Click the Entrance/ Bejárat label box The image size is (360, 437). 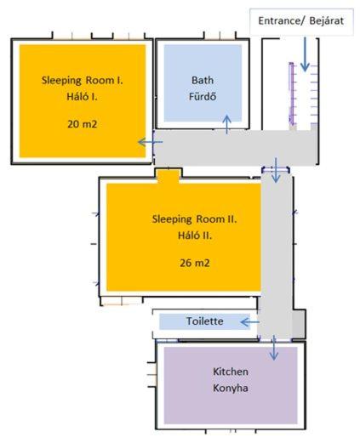[301, 21]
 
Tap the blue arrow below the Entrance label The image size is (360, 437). [305, 54]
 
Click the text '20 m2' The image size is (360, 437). [83, 124]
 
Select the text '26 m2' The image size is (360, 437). [195, 263]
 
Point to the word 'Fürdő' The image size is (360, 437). [203, 96]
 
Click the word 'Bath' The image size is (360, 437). [203, 80]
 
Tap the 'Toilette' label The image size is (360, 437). [204, 321]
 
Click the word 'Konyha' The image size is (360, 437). [231, 388]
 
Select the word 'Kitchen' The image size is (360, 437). [231, 372]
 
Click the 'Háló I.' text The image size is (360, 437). [82, 97]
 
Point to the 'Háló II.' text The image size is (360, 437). [195, 236]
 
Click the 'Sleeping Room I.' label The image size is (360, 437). [83, 80]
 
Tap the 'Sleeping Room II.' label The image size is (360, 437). [195, 219]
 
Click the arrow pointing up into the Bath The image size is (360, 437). [226, 124]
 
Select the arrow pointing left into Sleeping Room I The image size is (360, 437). [151, 142]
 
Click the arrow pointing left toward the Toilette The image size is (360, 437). [249, 322]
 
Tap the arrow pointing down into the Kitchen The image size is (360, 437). [274, 348]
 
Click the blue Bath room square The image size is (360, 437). [203, 82]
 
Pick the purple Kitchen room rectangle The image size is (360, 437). [231, 385]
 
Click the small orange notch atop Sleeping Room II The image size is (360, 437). [169, 177]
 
